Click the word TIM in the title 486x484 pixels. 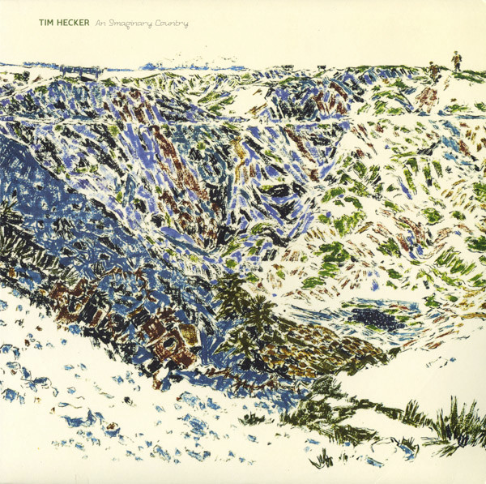click(47, 24)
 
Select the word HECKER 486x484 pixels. click(73, 24)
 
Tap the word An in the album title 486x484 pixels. click(100, 24)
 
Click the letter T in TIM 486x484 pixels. click(41, 24)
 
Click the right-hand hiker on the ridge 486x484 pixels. click(456, 62)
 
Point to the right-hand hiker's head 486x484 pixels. click(456, 55)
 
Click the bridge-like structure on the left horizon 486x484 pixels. click(81, 71)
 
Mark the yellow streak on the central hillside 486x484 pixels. click(240, 150)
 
